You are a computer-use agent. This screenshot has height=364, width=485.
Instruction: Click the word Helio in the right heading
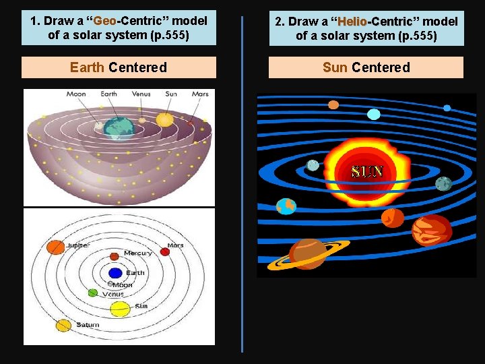[353, 22]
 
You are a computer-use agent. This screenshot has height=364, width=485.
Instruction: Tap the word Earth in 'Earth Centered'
[87, 67]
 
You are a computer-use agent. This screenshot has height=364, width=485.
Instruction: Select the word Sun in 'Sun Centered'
[335, 67]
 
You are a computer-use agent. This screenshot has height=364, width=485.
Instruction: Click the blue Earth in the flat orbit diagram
[115, 273]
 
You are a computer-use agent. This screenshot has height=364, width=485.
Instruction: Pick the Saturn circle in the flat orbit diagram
[63, 326]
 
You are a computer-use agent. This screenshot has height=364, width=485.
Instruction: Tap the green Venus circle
[93, 293]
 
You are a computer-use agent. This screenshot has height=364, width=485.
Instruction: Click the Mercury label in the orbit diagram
[137, 253]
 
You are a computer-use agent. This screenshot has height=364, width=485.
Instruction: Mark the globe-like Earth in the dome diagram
[119, 127]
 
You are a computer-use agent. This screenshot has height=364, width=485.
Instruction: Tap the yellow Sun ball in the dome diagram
[165, 120]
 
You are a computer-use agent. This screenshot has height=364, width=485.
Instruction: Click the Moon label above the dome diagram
[76, 94]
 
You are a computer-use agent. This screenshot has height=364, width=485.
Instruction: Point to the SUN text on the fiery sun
[366, 171]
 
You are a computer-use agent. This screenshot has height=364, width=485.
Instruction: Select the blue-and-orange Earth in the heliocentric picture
[286, 206]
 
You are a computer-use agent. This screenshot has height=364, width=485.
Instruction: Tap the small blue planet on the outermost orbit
[447, 108]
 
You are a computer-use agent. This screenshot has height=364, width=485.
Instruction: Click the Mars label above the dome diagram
[200, 94]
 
